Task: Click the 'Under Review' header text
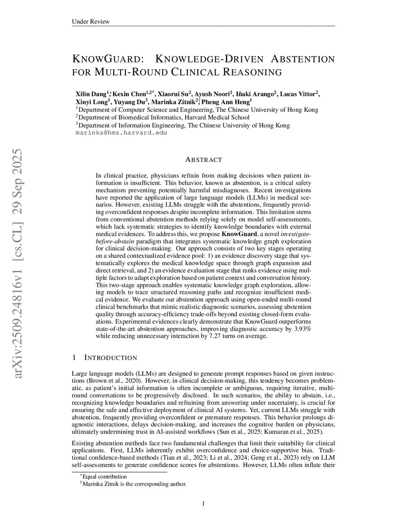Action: [x=90, y=21]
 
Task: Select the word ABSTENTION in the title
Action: [x=303, y=60]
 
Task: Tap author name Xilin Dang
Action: [x=91, y=94]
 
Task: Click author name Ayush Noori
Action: [x=213, y=94]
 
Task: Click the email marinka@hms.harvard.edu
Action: [x=121, y=133]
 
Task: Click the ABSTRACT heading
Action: [x=203, y=160]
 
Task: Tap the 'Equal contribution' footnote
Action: [x=105, y=476]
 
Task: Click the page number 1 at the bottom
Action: [x=203, y=504]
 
